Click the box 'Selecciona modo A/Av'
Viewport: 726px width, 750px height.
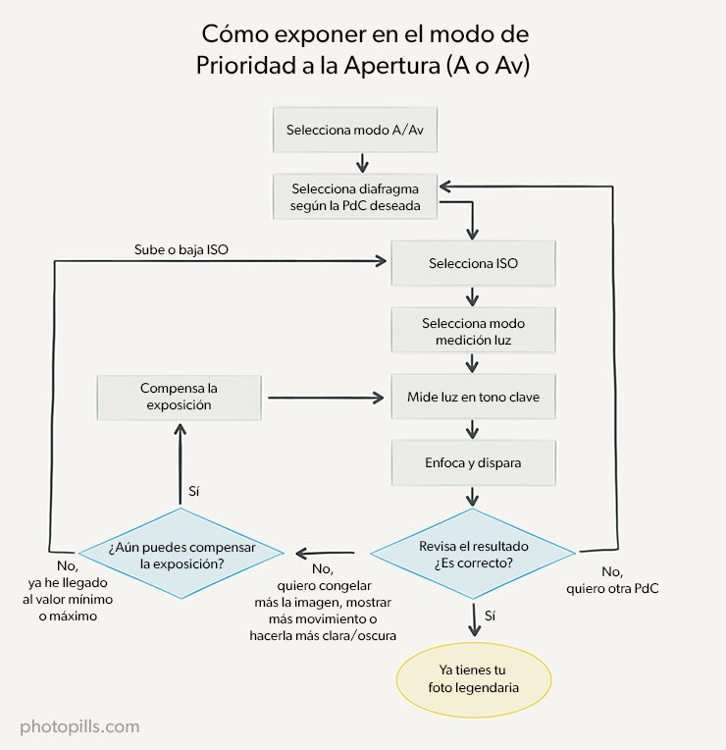pyautogui.click(x=362, y=130)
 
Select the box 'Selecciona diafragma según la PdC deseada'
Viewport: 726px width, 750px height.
pyautogui.click(x=355, y=196)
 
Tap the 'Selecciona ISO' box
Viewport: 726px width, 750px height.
pyautogui.click(x=473, y=263)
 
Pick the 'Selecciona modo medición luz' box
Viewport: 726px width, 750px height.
pyautogui.click(x=473, y=332)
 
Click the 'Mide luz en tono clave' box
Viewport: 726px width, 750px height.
pyautogui.click(x=473, y=398)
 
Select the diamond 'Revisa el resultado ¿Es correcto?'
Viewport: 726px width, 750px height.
pyautogui.click(x=473, y=555)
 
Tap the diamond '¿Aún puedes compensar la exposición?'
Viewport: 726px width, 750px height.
pyautogui.click(x=180, y=555)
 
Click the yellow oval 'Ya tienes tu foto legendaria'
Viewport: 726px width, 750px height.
pyautogui.click(x=473, y=679)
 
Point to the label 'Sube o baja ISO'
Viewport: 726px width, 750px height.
pyautogui.click(x=181, y=249)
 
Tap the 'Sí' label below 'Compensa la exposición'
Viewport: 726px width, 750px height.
pyautogui.click(x=194, y=491)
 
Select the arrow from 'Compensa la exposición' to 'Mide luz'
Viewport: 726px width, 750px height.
pyautogui.click(x=324, y=398)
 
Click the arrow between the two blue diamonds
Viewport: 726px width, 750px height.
pyautogui.click(x=325, y=555)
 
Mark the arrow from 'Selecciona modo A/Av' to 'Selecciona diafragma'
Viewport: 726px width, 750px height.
pyautogui.click(x=363, y=162)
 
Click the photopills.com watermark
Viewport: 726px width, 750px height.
pyautogui.click(x=79, y=727)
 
